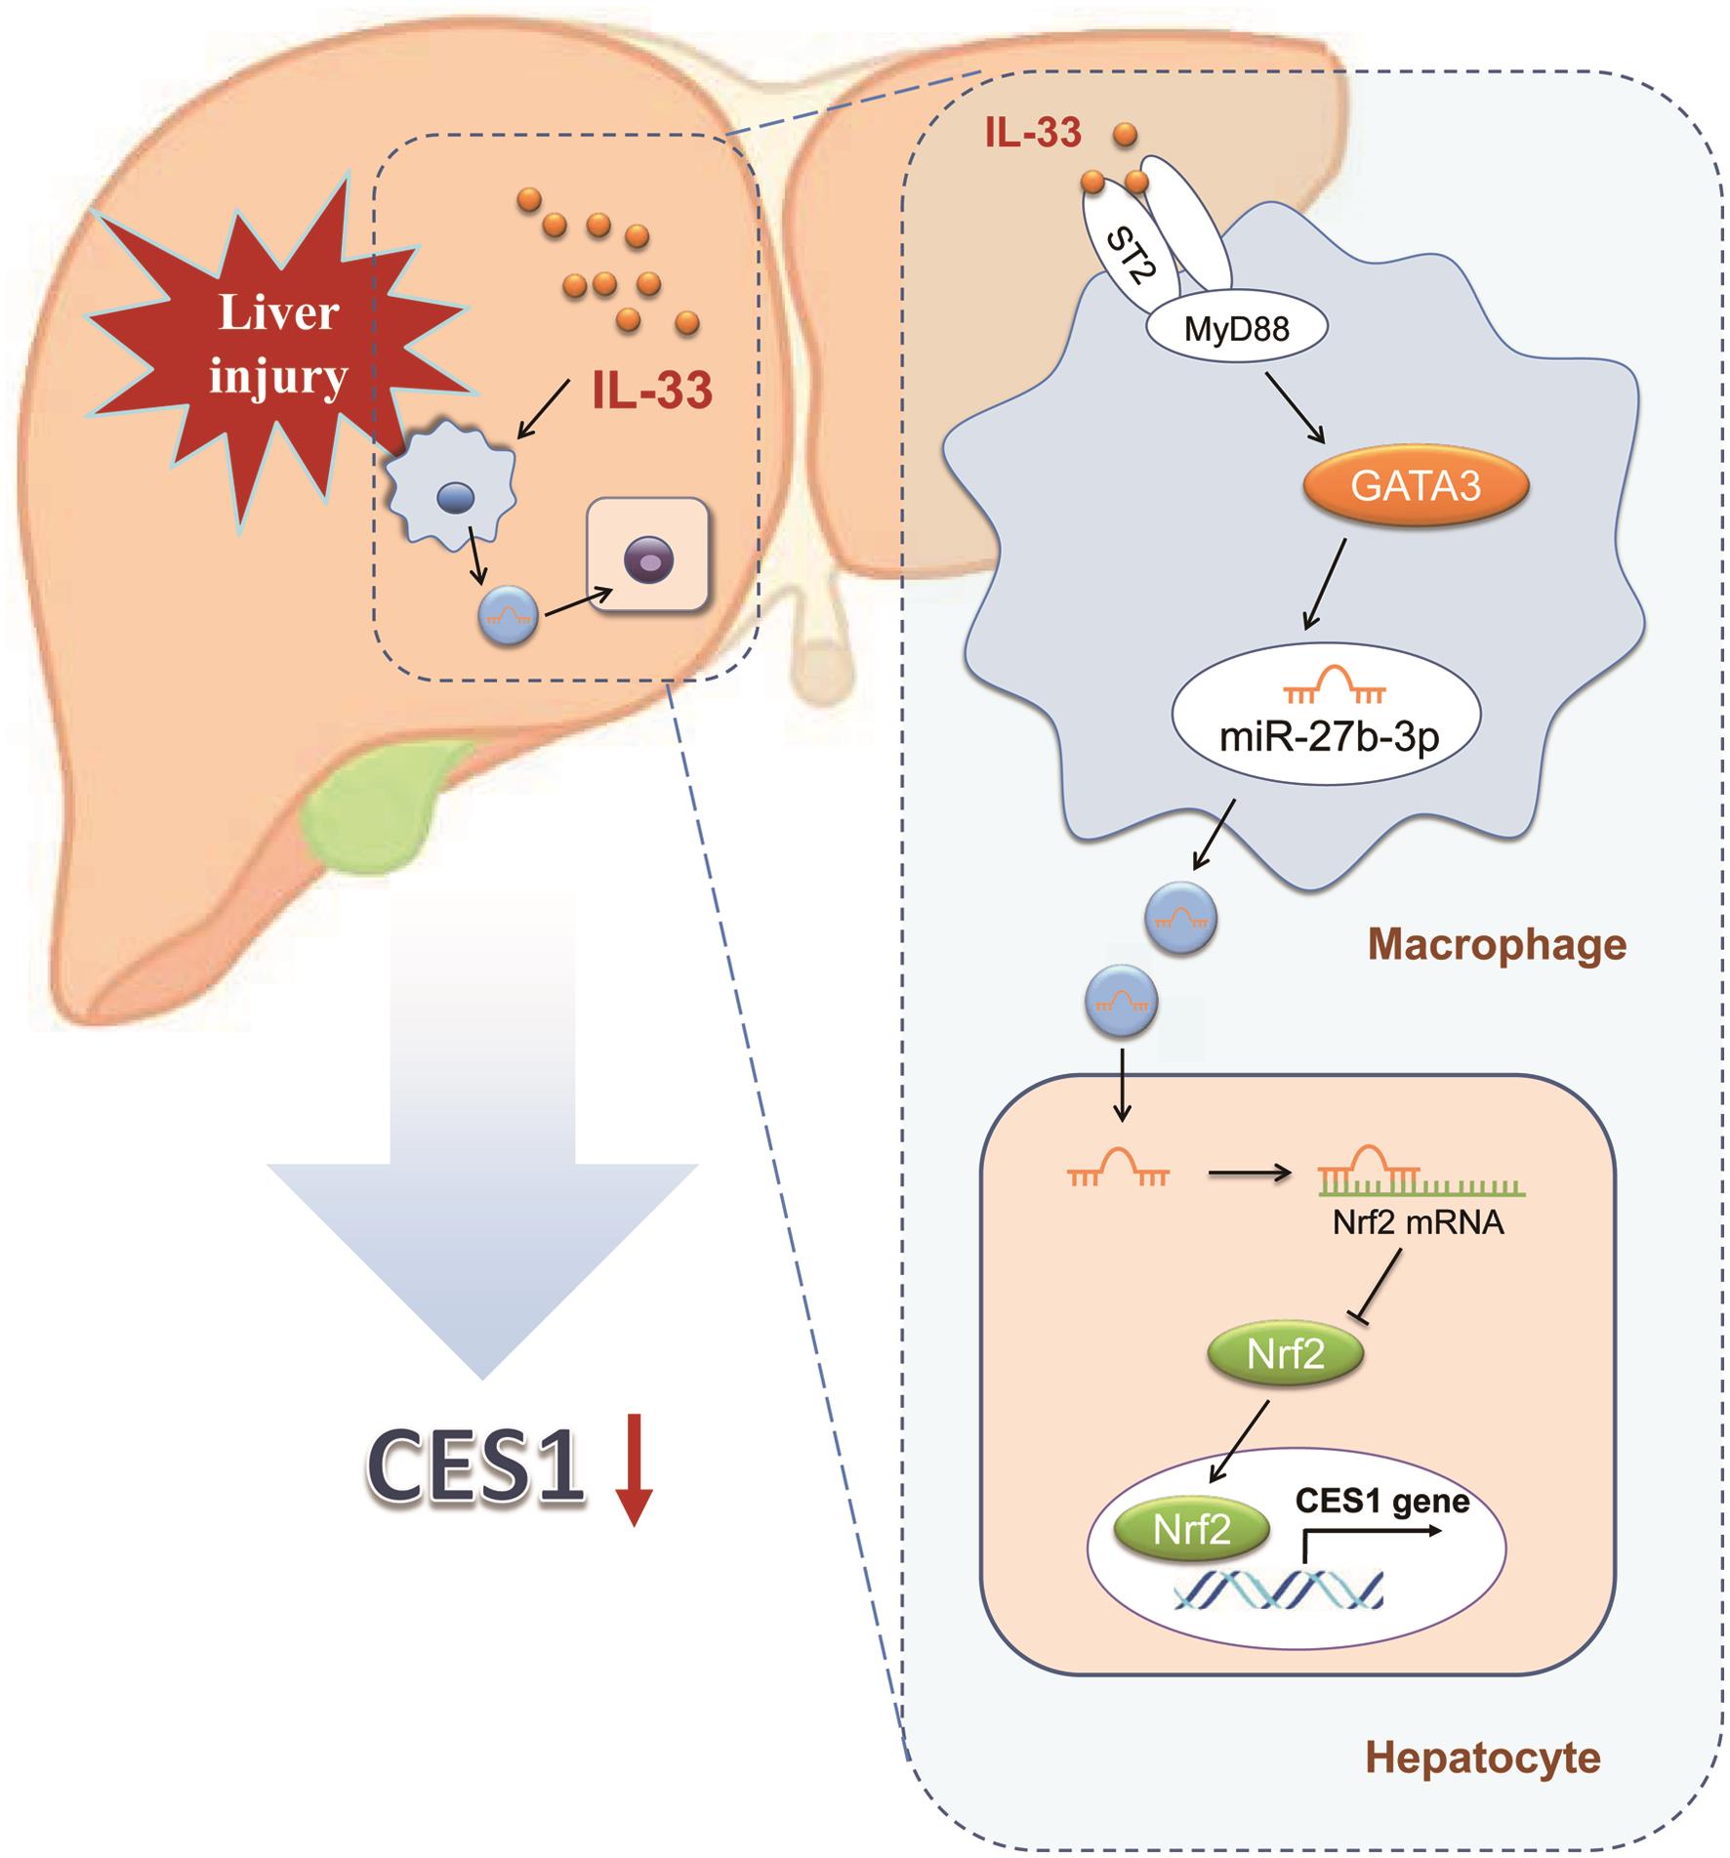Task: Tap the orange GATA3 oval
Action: [x=1415, y=485]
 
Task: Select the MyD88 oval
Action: [x=1236, y=329]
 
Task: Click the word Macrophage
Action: [x=1497, y=944]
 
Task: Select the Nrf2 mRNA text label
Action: [x=1418, y=1223]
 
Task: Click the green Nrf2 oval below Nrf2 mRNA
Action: [x=1285, y=1356]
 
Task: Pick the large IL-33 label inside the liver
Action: [x=652, y=392]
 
